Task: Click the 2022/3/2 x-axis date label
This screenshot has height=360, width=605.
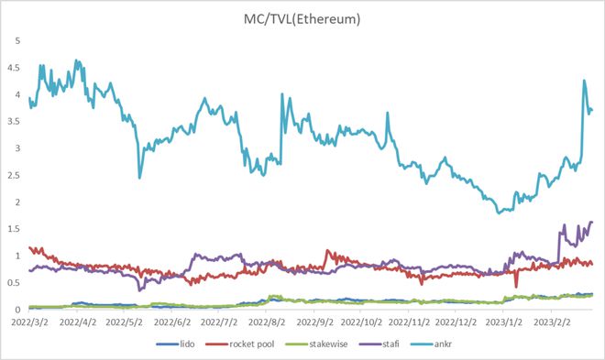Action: pyautogui.click(x=33, y=322)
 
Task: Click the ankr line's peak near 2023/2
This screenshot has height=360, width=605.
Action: pyautogui.click(x=584, y=81)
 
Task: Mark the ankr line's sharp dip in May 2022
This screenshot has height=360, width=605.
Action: pyautogui.click(x=140, y=177)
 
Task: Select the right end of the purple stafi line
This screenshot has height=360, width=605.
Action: pyautogui.click(x=592, y=222)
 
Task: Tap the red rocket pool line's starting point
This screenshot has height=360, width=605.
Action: pyautogui.click(x=30, y=247)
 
